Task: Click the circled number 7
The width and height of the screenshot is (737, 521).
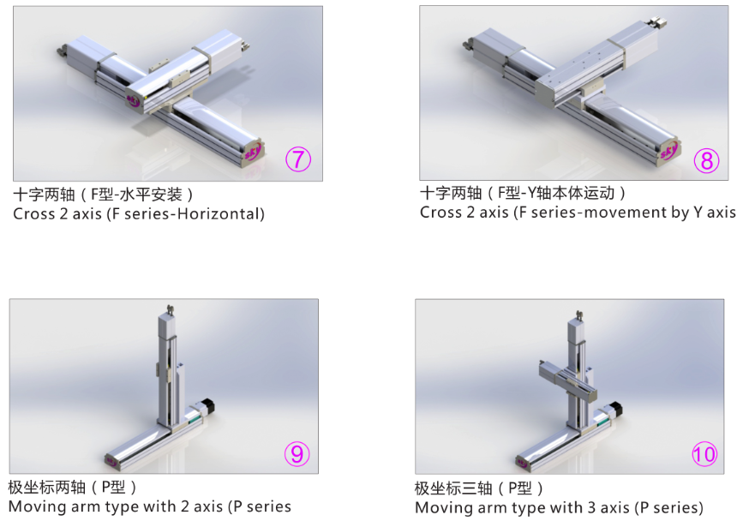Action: tap(298, 159)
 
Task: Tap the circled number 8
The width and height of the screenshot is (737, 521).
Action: tap(706, 160)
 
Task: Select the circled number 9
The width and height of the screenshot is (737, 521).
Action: tap(297, 453)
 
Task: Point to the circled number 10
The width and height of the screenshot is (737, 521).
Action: tap(704, 454)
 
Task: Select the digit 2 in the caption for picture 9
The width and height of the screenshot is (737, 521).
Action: tap(185, 506)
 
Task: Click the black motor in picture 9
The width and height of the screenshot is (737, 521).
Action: tap(207, 406)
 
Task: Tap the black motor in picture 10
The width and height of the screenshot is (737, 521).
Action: tap(615, 408)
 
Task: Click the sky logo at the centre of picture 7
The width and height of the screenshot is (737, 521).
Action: tap(134, 100)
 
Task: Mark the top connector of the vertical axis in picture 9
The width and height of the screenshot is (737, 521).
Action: tap(170, 310)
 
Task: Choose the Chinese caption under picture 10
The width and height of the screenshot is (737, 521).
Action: tap(478, 488)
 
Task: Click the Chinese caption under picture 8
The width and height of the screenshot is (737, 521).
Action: tap(522, 193)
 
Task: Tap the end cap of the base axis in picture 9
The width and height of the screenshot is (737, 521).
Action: tap(112, 461)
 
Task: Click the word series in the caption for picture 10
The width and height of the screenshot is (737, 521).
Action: tap(675, 507)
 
